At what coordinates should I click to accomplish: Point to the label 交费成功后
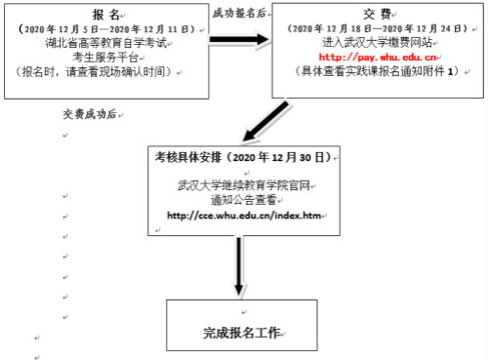pyautogui.click(x=90, y=115)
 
